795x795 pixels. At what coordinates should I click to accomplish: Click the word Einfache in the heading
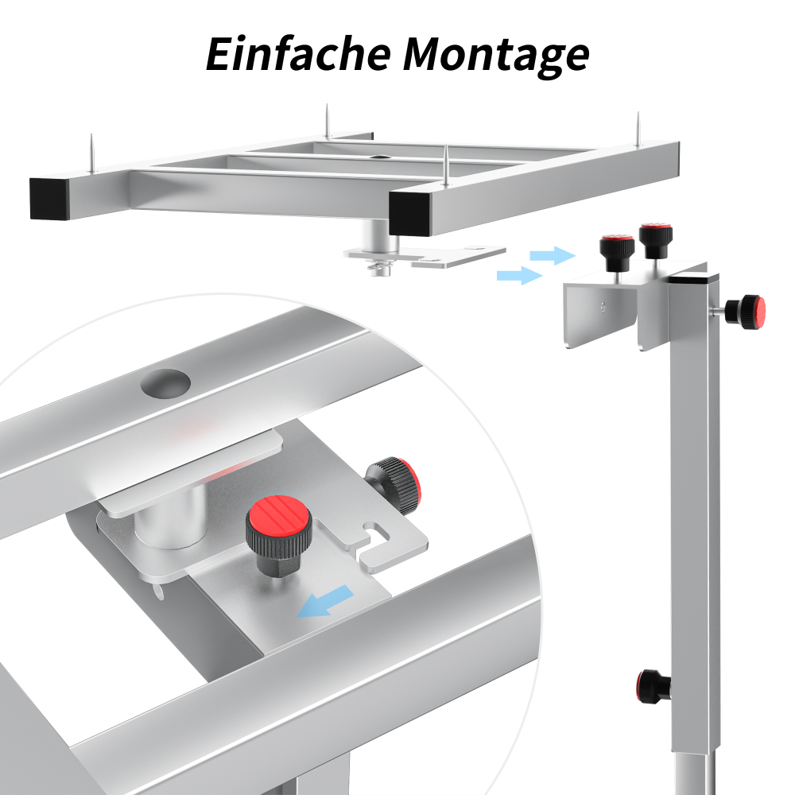point(298,54)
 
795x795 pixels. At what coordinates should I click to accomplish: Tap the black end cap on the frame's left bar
point(49,198)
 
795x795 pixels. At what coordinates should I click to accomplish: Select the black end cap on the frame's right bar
point(409,215)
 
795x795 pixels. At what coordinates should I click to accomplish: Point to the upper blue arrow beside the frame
point(553,255)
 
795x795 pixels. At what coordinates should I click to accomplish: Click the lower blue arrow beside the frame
point(519,275)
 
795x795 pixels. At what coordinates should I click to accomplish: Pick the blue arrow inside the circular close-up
point(325,601)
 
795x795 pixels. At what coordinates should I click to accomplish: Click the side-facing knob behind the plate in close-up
point(394,483)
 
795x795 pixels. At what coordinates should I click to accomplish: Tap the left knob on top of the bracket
point(617,252)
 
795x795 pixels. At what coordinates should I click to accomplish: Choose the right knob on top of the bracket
point(656,240)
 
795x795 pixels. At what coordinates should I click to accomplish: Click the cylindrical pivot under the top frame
point(378,236)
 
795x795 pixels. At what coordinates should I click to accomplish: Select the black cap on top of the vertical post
point(693,278)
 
